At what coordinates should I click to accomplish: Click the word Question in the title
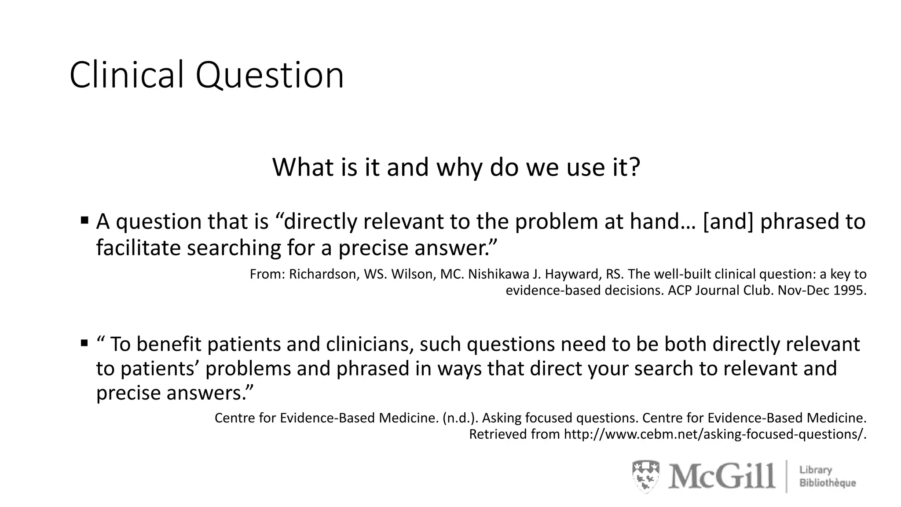(x=269, y=76)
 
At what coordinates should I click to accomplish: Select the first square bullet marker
(x=84, y=220)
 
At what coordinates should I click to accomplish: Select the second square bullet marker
(x=84, y=342)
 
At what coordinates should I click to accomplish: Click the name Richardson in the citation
(x=324, y=274)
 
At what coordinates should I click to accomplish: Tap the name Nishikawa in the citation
(x=498, y=274)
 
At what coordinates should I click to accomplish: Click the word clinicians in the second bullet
(x=370, y=344)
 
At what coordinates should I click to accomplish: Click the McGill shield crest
(x=646, y=476)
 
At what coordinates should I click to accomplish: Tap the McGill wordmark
(x=722, y=476)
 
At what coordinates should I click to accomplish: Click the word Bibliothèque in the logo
(x=828, y=483)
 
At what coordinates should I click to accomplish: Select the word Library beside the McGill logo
(x=816, y=470)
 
